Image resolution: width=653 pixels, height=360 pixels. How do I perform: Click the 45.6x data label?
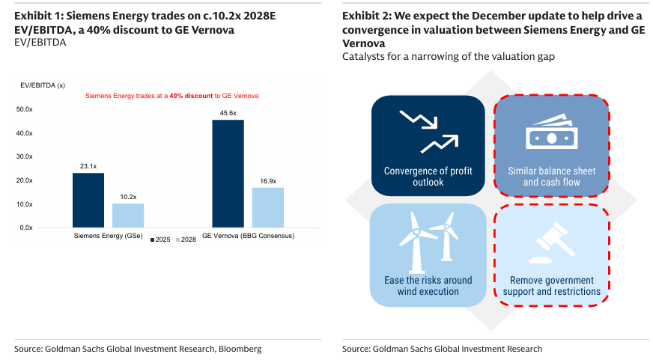[x=228, y=113]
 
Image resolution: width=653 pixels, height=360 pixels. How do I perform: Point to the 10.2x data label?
[x=128, y=197]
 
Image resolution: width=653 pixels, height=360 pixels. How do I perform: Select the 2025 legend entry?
[x=161, y=240]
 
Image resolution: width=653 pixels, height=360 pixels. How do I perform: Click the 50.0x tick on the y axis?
[x=25, y=109]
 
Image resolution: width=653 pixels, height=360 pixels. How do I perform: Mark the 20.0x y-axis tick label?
[x=25, y=180]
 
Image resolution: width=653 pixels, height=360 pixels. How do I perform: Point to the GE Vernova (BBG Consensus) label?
[x=248, y=236]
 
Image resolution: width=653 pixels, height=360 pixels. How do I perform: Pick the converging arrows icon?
[x=428, y=131]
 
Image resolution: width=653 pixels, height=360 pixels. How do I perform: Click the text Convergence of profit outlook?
[x=428, y=176]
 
